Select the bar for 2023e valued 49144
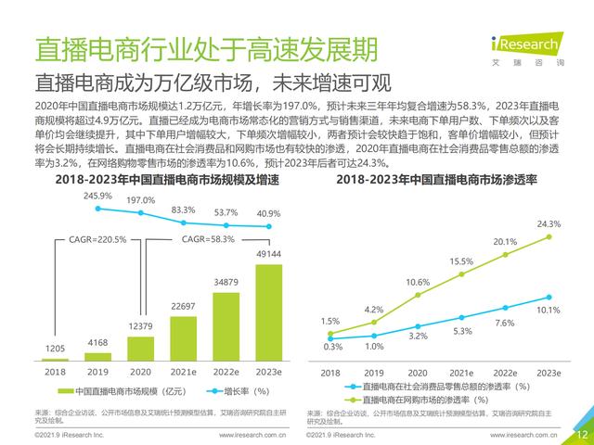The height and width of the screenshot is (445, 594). [x=269, y=314]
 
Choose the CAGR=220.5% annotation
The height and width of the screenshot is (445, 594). [x=99, y=239]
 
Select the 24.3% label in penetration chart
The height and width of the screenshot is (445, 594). [x=548, y=223]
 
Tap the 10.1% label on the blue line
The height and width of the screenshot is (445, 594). [x=549, y=311]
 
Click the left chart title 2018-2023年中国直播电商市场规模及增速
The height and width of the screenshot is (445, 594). [x=161, y=179]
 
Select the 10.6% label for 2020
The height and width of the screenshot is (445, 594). [x=418, y=282]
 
